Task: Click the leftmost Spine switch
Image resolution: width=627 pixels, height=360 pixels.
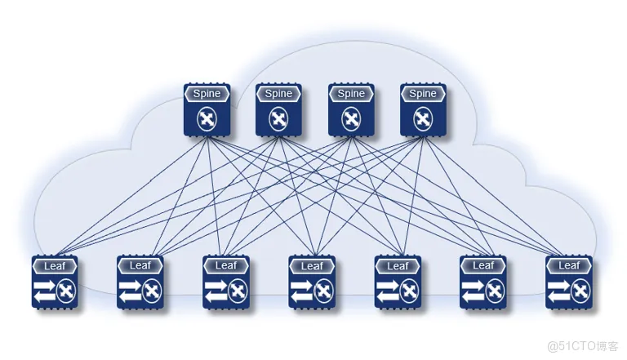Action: pyautogui.click(x=207, y=109)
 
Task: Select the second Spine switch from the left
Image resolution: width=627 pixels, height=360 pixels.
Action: pyautogui.click(x=278, y=109)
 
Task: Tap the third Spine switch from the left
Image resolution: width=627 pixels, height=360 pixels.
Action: pyautogui.click(x=351, y=109)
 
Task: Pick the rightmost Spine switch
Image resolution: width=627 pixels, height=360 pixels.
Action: pyautogui.click(x=423, y=109)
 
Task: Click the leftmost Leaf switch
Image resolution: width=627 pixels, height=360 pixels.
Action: pyautogui.click(x=55, y=282)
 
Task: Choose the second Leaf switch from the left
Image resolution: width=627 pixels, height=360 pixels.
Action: pyautogui.click(x=140, y=282)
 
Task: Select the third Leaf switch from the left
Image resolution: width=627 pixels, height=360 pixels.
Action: pyautogui.click(x=226, y=282)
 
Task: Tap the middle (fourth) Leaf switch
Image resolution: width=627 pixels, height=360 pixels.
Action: pyautogui.click(x=312, y=282)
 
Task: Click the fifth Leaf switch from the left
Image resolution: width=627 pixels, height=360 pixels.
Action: pyautogui.click(x=398, y=282)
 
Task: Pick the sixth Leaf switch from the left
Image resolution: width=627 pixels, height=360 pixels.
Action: pyautogui.click(x=483, y=282)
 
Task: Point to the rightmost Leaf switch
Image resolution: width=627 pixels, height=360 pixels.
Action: pyautogui.click(x=569, y=282)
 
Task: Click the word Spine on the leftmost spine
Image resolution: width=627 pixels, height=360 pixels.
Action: pyautogui.click(x=207, y=94)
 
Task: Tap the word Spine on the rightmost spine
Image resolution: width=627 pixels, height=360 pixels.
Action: pyautogui.click(x=423, y=94)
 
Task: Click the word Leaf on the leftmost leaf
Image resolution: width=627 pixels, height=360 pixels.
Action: pyautogui.click(x=55, y=265)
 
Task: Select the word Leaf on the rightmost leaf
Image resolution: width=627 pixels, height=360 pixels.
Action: pyautogui.click(x=569, y=265)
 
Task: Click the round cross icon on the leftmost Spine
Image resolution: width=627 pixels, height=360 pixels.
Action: pyautogui.click(x=207, y=119)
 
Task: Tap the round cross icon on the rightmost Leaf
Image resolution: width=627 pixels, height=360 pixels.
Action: pyautogui.click(x=580, y=291)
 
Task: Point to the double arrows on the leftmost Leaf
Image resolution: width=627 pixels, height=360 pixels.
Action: pyautogui.click(x=45, y=291)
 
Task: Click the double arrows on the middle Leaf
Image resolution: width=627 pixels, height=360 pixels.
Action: pyautogui.click(x=302, y=291)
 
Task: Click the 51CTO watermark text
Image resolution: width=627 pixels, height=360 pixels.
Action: pyautogui.click(x=583, y=345)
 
